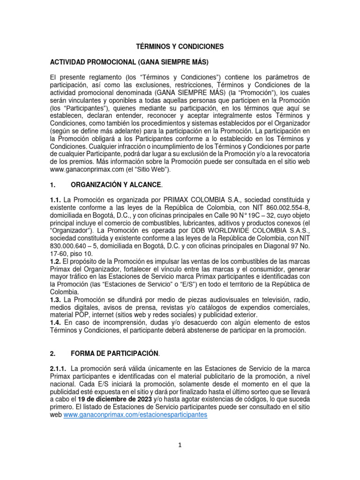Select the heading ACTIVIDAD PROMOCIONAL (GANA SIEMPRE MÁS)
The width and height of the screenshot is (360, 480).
tap(129, 62)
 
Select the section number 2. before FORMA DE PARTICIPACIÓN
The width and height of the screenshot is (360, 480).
tap(52, 352)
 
